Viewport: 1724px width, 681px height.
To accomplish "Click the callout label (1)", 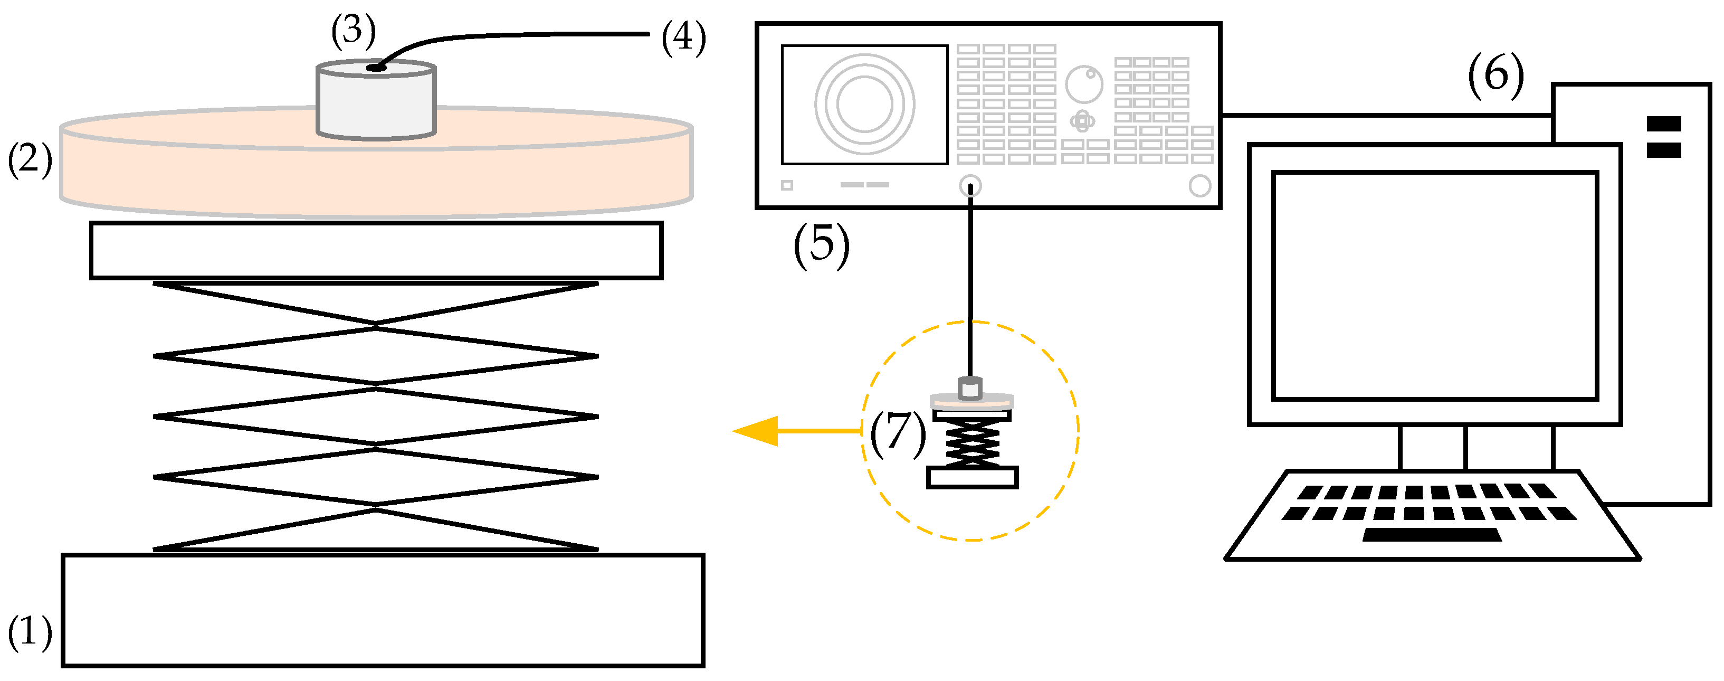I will pyautogui.click(x=30, y=631).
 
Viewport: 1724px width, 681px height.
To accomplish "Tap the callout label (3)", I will pyautogui.click(x=354, y=31).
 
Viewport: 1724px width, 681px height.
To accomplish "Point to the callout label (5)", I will pyautogui.click(x=821, y=244).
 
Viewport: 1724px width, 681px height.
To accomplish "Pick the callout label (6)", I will pyautogui.click(x=1496, y=74).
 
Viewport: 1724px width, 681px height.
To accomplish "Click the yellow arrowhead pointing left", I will pyautogui.click(x=757, y=431).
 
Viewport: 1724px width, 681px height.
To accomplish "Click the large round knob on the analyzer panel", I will pyautogui.click(x=1083, y=84).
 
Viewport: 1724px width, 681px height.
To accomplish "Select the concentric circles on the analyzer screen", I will pyautogui.click(x=865, y=104).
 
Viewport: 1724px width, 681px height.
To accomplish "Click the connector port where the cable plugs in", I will pyautogui.click(x=970, y=185).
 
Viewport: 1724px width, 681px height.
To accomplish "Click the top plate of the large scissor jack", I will pyautogui.click(x=376, y=250).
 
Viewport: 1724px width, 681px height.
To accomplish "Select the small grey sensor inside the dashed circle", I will pyautogui.click(x=970, y=387).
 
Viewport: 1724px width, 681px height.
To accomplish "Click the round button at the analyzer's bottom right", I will pyautogui.click(x=1199, y=185).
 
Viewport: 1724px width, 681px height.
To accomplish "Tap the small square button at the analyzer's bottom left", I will pyautogui.click(x=787, y=185).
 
